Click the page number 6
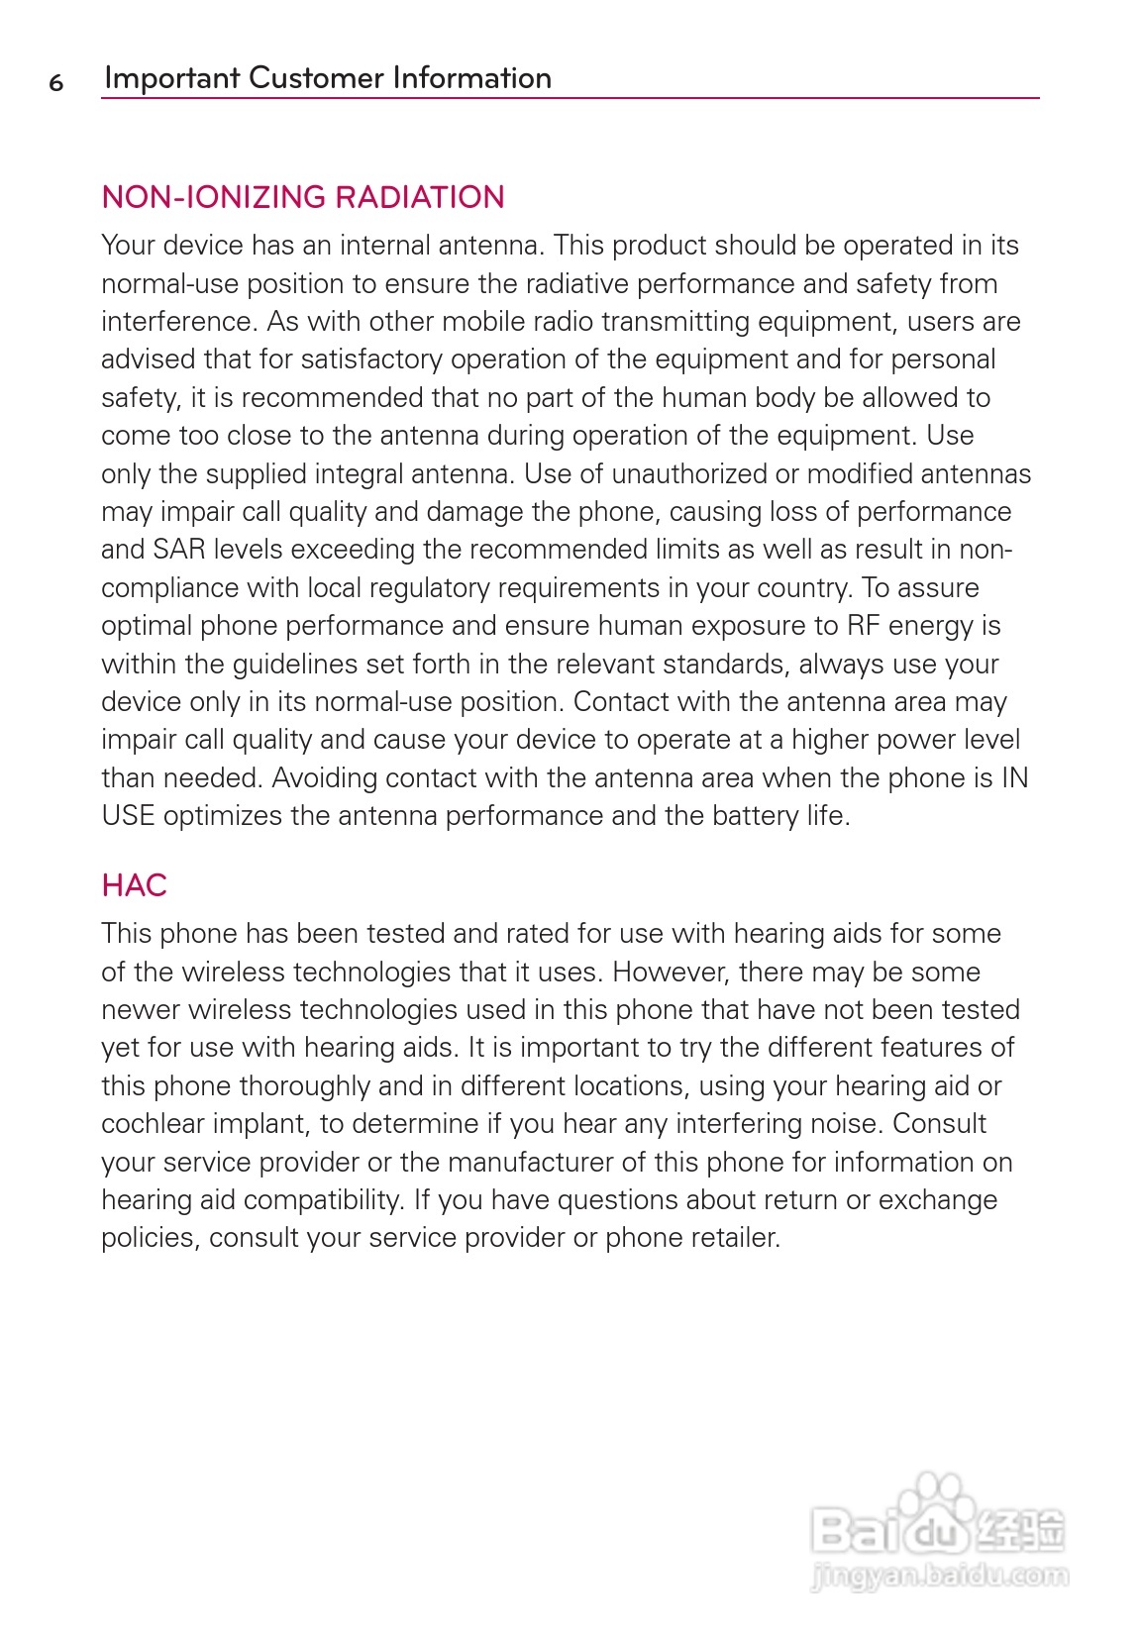click(56, 82)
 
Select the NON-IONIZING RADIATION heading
click(303, 197)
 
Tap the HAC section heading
click(134, 885)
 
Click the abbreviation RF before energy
click(863, 626)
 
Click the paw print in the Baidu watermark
click(937, 1494)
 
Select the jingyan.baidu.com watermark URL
click(938, 1575)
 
